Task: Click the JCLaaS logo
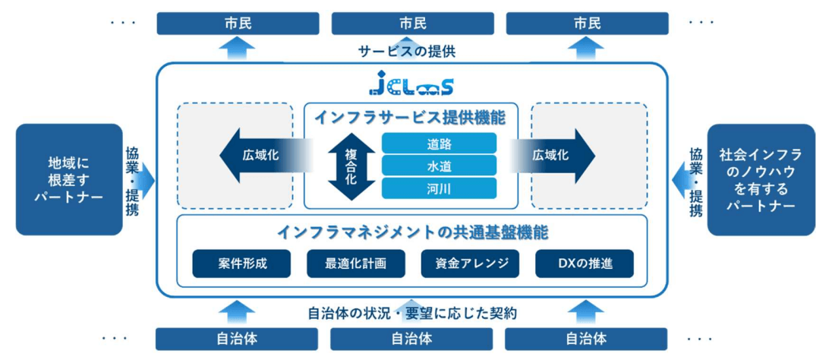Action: (411, 83)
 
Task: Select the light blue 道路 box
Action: (439, 143)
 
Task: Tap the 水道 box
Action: (439, 166)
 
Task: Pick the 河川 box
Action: (439, 188)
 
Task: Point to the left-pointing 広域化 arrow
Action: (262, 156)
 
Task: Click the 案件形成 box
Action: (241, 264)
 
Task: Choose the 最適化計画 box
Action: (355, 264)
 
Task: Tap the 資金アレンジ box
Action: (469, 264)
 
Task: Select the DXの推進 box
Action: (584, 264)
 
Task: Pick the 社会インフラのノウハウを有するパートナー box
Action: (761, 180)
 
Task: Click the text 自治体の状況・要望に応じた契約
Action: (413, 313)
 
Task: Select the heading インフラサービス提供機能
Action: (411, 118)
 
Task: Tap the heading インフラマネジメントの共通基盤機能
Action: (412, 230)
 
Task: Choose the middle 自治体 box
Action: (412, 339)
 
